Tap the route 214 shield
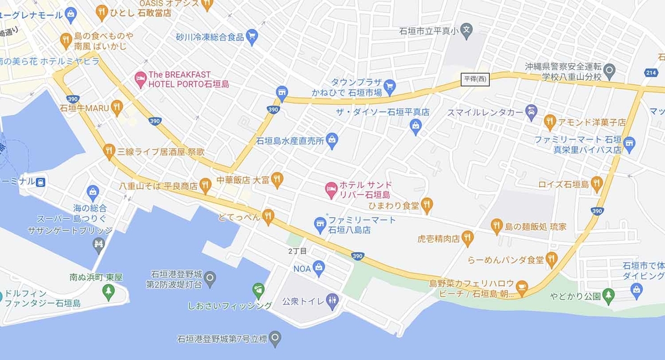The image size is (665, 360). pos(652,73)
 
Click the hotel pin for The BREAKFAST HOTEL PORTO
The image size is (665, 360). pos(141,79)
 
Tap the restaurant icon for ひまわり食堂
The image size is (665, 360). pos(426,205)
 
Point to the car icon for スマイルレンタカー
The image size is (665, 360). pos(531,111)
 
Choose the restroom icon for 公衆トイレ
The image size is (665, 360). pos(332,302)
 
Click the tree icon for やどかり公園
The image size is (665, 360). pos(609,295)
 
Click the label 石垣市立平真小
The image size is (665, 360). pos(429,31)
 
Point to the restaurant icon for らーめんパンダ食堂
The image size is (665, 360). pos(551,259)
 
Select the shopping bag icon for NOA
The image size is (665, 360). pos(319,269)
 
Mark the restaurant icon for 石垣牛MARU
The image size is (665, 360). pos(116,107)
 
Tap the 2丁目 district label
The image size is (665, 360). pos(298,251)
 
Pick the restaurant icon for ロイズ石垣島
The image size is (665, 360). pos(596,184)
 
